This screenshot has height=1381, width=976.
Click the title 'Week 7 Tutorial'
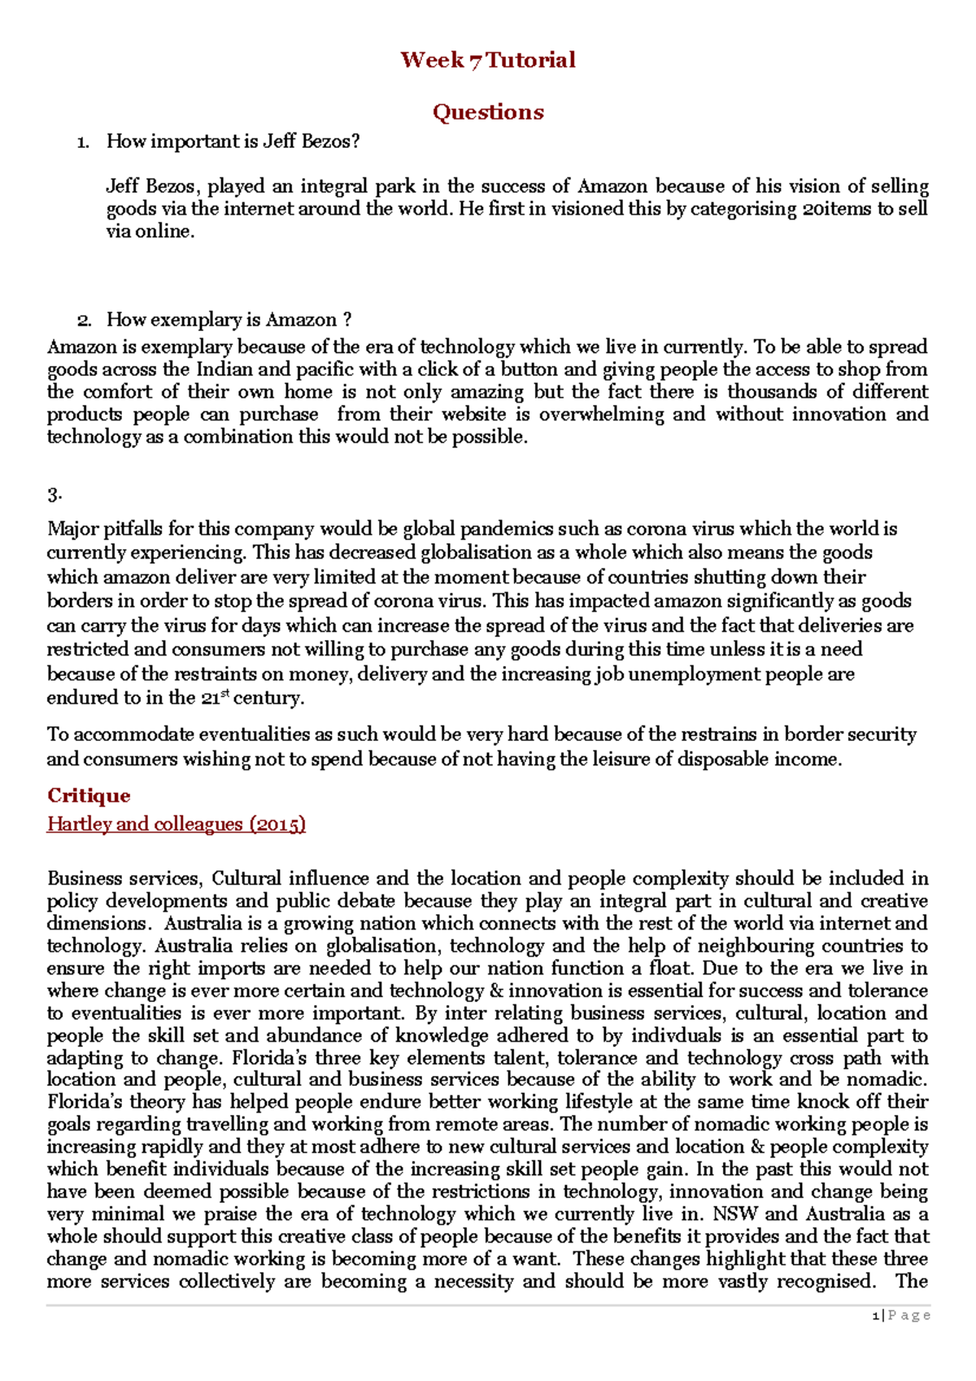coord(487,60)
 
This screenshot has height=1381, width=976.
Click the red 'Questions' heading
coord(487,112)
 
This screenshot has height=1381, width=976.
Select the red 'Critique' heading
coord(89,795)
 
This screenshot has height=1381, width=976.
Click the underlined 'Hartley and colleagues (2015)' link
coord(176,824)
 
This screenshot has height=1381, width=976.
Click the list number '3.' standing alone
coord(55,494)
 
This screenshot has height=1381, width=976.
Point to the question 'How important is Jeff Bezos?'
coord(233,142)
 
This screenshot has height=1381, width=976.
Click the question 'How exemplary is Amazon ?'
coord(229,320)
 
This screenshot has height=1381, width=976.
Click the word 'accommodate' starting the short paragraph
coord(135,734)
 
